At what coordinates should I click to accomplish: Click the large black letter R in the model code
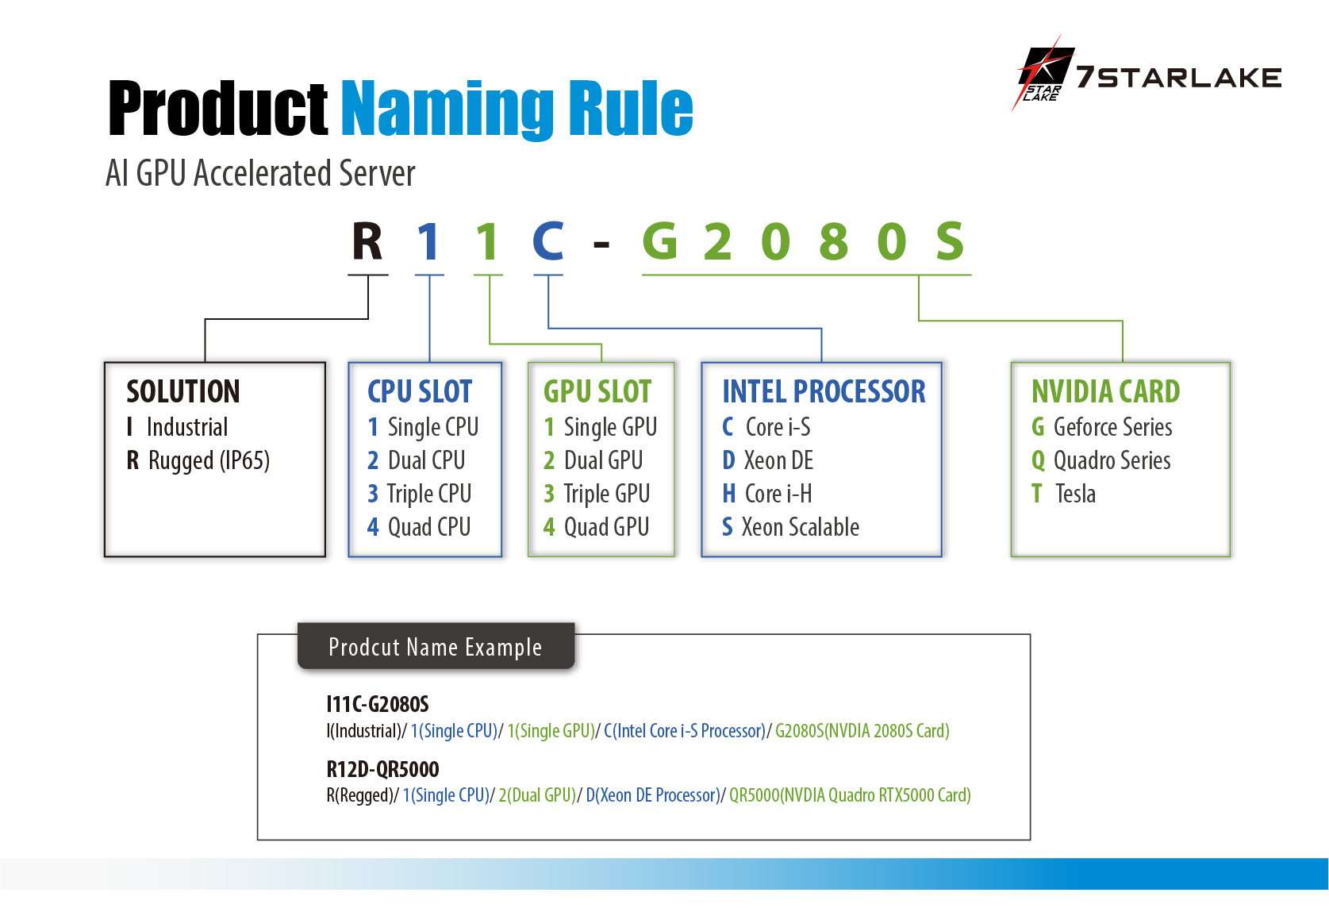[367, 242]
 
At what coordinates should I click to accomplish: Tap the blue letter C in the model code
[548, 241]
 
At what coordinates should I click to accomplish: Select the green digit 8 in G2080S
[834, 241]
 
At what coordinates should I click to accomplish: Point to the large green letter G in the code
[659, 241]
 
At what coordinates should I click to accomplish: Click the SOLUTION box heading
[183, 391]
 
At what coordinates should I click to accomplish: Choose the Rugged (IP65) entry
[198, 460]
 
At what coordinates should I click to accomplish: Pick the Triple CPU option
[420, 494]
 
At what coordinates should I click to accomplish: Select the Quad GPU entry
[597, 527]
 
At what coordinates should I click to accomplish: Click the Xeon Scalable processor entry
[791, 527]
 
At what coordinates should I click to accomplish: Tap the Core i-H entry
[767, 494]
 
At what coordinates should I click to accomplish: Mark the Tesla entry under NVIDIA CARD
[1064, 494]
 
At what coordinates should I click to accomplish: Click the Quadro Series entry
[1101, 460]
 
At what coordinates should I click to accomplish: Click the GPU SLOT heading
[597, 391]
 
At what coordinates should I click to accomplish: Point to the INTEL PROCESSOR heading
[824, 391]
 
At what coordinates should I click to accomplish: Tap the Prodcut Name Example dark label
[436, 647]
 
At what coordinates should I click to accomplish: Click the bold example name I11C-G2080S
[378, 704]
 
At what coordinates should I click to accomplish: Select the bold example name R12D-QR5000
[382, 769]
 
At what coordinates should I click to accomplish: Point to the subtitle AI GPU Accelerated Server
[260, 173]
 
